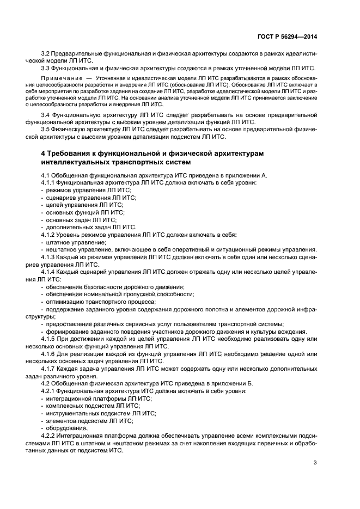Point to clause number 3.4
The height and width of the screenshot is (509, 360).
click(x=46, y=115)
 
